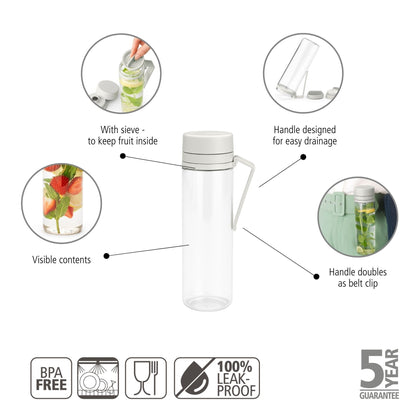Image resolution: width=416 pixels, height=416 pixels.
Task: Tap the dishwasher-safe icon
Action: pyautogui.click(x=98, y=379)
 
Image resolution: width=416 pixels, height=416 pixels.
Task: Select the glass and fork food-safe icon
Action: pyautogui.click(x=146, y=379)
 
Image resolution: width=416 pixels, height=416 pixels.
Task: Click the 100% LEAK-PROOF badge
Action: pyautogui.click(x=217, y=379)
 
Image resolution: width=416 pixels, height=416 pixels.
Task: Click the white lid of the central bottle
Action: pyautogui.click(x=208, y=143)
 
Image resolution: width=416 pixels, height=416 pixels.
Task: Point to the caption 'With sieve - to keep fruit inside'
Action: pyautogui.click(x=119, y=136)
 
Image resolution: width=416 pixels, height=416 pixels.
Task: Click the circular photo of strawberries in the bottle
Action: pyautogui.click(x=62, y=200)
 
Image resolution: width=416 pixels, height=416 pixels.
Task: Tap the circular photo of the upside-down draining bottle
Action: pyautogui.click(x=303, y=71)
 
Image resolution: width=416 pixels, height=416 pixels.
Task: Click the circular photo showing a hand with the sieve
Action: pyautogui.click(x=121, y=73)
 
